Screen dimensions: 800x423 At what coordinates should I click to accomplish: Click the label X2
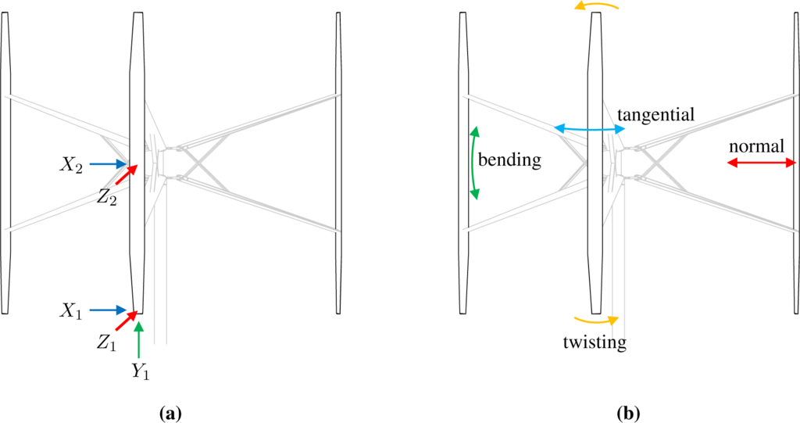pos(73,165)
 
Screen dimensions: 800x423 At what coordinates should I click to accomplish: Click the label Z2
pos(107,199)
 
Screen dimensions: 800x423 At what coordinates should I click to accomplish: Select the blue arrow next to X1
pos(107,310)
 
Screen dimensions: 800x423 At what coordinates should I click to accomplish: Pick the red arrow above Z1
pos(127,321)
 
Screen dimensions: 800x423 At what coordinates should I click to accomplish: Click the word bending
pos(509,160)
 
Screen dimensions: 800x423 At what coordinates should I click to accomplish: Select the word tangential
pos(655,116)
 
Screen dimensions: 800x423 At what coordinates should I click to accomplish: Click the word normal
pos(755,146)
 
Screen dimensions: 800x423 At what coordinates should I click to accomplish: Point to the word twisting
pos(595,342)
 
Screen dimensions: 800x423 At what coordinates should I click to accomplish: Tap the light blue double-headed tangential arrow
pos(589,127)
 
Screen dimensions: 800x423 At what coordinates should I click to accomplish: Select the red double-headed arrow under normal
pos(760,163)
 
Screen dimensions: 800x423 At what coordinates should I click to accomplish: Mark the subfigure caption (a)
pos(170,412)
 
